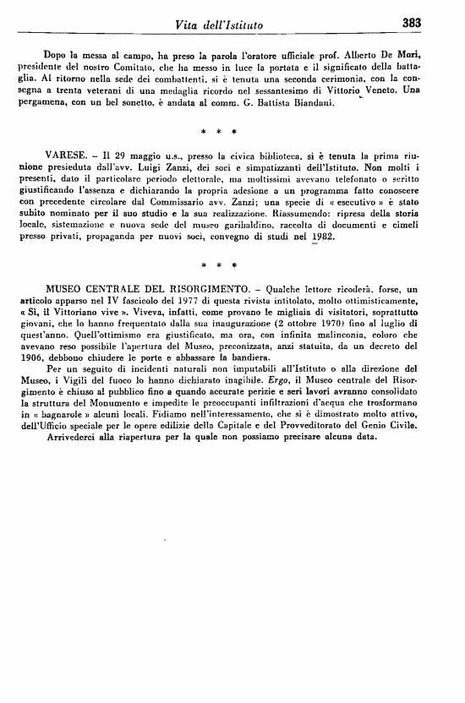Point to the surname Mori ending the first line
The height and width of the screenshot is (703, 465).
(x=435, y=55)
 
